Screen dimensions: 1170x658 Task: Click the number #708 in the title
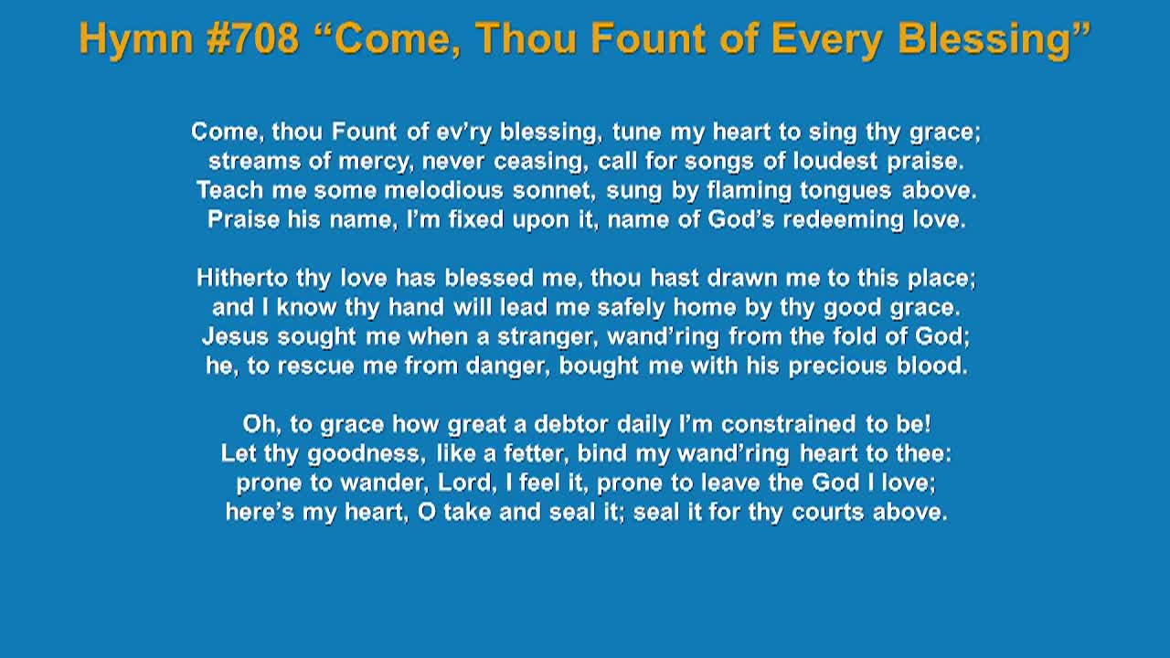tap(253, 38)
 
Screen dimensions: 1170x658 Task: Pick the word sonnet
tap(554, 191)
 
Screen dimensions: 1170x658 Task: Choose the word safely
tap(631, 308)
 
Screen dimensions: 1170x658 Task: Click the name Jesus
tap(236, 336)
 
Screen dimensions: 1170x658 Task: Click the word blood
tap(931, 366)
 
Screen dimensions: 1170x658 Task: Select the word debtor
tap(571, 424)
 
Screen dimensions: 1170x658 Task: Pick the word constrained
tap(788, 424)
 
